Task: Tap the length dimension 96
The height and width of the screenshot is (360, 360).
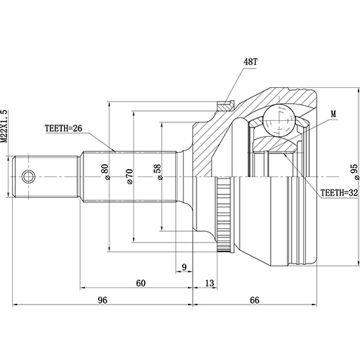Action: pyautogui.click(x=102, y=300)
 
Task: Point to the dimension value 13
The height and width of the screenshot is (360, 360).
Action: pyautogui.click(x=210, y=282)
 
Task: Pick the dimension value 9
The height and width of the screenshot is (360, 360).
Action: pyautogui.click(x=184, y=268)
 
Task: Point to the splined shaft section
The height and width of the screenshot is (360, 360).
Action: pyautogui.click(x=130, y=176)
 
